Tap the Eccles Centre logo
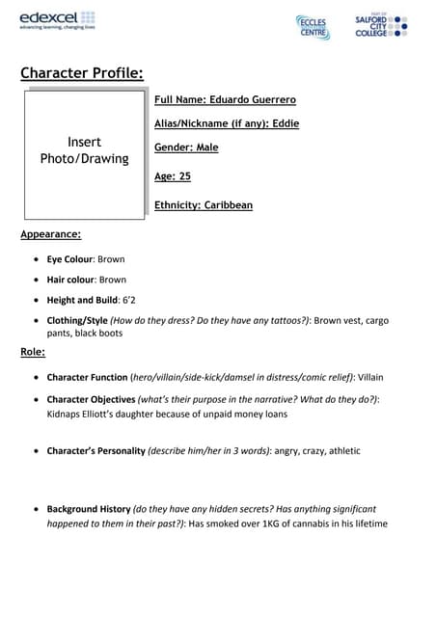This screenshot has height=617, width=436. click(x=313, y=27)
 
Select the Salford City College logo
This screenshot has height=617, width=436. click(x=381, y=25)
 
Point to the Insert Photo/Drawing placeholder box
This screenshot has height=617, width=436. click(x=84, y=154)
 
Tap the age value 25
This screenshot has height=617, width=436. click(x=184, y=176)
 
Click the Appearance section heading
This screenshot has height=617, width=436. click(x=50, y=234)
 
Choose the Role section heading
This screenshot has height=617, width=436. click(x=33, y=352)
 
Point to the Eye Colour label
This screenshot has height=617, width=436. click(x=70, y=259)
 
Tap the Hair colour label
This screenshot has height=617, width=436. click(x=71, y=280)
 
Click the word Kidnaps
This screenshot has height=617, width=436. click(x=67, y=414)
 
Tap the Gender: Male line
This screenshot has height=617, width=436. click(x=186, y=148)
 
